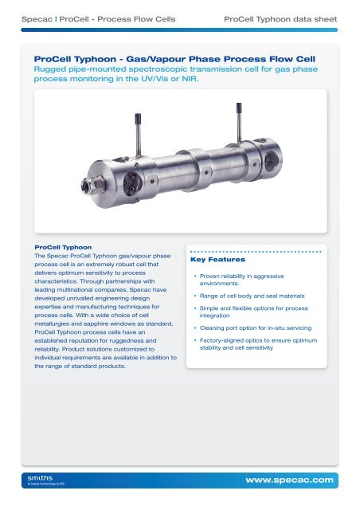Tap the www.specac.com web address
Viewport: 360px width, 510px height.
289,480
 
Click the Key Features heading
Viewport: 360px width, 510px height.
218,260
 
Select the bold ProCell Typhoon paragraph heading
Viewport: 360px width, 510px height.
63,248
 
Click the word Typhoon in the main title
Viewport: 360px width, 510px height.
95,59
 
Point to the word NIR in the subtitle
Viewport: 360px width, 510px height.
190,79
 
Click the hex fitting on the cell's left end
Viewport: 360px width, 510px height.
92,186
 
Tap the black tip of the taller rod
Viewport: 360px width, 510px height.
239,107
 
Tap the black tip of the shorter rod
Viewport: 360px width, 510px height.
138,117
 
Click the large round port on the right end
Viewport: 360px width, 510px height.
272,160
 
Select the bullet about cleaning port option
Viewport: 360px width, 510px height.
256,328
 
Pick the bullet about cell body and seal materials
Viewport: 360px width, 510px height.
252,296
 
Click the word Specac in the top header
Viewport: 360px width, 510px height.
37,19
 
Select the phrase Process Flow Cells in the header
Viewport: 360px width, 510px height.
136,19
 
